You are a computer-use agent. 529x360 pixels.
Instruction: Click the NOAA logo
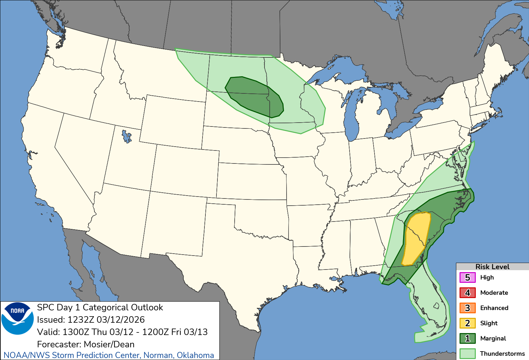18,318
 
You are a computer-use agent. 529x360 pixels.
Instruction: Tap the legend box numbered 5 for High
467,278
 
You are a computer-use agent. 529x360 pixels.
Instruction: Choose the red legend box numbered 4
467,293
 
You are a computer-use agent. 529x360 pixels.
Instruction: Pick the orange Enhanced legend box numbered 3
467,308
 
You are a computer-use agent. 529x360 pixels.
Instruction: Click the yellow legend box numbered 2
467,323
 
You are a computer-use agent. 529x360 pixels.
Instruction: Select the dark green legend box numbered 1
467,339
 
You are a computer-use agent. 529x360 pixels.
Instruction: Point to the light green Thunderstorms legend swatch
467,354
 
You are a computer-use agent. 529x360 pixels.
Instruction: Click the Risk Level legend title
492,267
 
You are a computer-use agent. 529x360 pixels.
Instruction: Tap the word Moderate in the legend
494,293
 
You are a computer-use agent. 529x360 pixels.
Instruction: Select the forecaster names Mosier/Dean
109,344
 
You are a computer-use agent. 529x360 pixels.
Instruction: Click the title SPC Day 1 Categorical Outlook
100,307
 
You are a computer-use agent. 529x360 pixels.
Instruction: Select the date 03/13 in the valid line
196,332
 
